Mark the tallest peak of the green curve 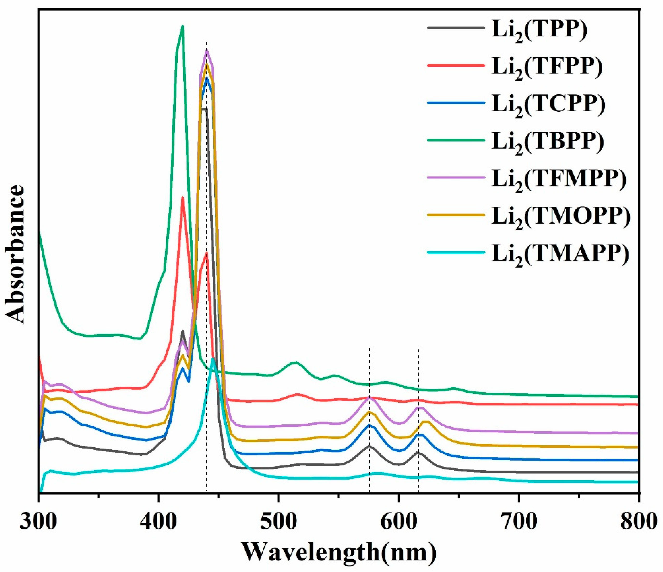182,26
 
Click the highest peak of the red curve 182,197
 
